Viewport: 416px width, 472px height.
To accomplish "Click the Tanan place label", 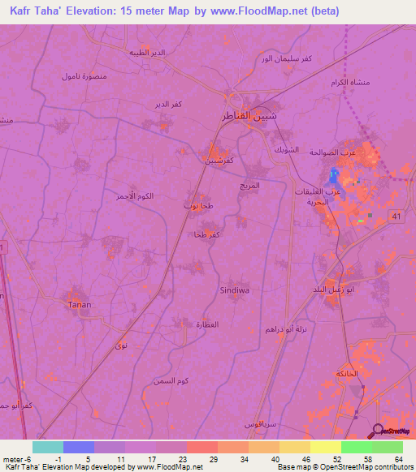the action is pos(79,304).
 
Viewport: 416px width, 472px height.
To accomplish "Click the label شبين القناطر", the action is pos(248,116).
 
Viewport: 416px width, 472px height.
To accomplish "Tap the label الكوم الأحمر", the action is pos(134,197).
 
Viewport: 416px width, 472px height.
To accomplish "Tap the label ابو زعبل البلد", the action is pos(333,290).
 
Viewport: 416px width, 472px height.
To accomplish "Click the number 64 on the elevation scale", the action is pos(398,458).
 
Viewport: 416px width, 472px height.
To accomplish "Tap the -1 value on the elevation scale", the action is pos(58,458).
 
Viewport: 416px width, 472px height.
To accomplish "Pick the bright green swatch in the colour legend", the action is pos(356,447).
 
